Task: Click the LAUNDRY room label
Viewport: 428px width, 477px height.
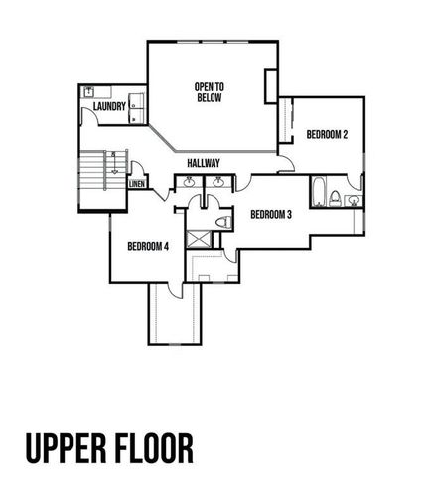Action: click(109, 105)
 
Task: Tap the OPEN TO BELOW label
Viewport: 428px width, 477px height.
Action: click(209, 93)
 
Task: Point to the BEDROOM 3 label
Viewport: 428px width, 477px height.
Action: click(270, 215)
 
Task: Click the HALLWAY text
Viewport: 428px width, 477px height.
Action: click(204, 163)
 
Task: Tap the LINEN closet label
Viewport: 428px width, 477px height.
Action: click(137, 184)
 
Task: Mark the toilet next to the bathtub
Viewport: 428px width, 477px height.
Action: click(336, 196)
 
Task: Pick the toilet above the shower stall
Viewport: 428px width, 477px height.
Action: click(223, 221)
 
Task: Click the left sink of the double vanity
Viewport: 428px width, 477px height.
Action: click(189, 182)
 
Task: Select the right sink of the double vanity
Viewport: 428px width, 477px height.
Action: click(217, 182)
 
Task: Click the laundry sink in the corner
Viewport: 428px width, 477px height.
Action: click(88, 91)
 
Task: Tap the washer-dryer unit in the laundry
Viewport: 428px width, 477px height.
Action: click(137, 106)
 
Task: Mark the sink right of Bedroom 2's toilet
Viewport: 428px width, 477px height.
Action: click(354, 201)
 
